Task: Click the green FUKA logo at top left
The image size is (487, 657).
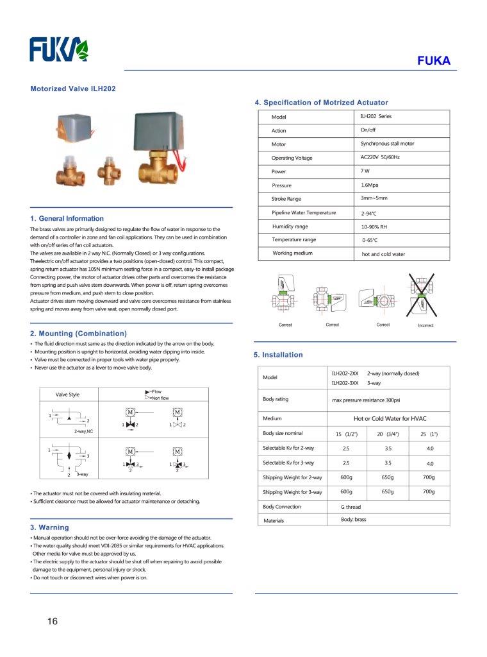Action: click(x=59, y=49)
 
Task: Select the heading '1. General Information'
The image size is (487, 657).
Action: click(x=67, y=219)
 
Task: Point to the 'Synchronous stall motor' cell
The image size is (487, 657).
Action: click(x=387, y=144)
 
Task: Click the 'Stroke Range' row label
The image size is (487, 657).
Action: click(x=286, y=199)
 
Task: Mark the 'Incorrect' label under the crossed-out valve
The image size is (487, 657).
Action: click(x=425, y=325)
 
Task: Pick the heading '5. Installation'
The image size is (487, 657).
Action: click(x=278, y=355)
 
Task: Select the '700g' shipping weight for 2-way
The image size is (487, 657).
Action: click(x=429, y=477)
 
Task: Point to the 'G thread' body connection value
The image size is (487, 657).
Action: click(x=351, y=507)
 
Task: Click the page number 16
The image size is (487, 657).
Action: click(x=52, y=621)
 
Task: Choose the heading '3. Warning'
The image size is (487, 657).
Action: click(x=49, y=527)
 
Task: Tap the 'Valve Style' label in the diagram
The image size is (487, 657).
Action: click(x=68, y=395)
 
